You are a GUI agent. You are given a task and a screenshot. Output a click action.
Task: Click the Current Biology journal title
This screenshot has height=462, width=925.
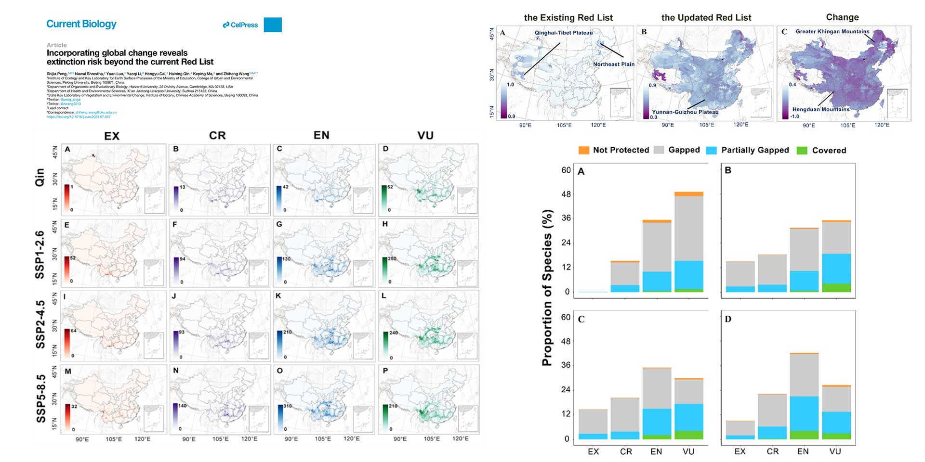pos(81,24)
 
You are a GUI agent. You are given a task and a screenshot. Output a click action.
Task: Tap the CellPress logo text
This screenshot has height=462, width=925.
pos(240,25)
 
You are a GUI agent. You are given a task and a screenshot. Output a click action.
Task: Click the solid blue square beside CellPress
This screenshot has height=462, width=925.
pos(273,25)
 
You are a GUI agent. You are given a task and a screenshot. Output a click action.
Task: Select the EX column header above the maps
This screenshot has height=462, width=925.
pos(112,136)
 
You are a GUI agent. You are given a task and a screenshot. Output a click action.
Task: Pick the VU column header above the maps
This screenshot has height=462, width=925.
pos(425,136)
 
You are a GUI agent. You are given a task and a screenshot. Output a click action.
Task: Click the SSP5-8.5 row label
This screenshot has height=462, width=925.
pos(41,398)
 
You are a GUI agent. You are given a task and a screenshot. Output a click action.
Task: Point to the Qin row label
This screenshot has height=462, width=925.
pos(40,177)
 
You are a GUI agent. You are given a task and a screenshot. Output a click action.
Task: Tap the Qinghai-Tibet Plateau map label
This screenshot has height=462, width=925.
pos(564,33)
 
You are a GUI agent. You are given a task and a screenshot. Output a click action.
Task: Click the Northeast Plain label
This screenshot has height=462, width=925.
pos(613,64)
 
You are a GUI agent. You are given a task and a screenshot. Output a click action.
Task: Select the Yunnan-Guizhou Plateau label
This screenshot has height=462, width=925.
pos(685,112)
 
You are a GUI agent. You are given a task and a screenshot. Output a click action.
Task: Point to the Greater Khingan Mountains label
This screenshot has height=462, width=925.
pos(832,31)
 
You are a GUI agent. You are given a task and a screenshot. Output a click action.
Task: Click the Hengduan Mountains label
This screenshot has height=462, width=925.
pos(820,109)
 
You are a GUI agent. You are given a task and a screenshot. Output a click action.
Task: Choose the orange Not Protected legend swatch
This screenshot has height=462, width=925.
pos(584,150)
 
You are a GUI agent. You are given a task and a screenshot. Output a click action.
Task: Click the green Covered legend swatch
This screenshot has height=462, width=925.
pos(802,150)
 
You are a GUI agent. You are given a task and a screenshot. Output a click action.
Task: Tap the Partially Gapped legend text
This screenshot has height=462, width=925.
pos(755,150)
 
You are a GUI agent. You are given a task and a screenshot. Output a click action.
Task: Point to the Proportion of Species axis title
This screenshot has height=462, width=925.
pos(547,287)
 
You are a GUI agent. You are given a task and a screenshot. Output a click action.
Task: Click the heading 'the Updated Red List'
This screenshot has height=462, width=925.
pos(706,18)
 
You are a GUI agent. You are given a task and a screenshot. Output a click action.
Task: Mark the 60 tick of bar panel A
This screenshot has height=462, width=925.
pos(566,170)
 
